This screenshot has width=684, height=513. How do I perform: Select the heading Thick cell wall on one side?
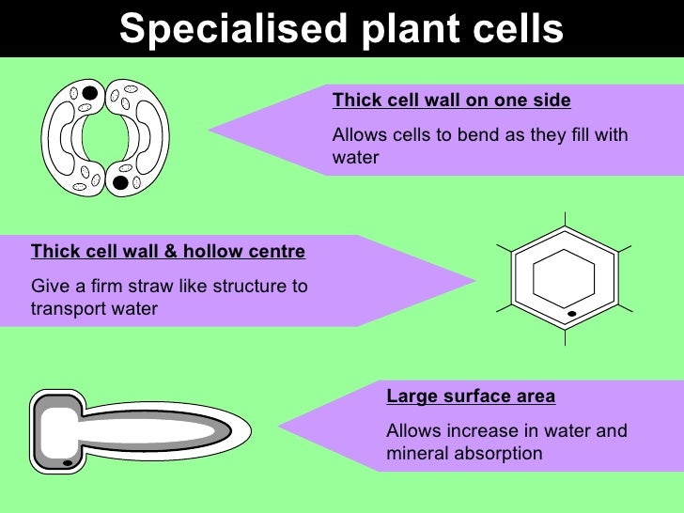(x=451, y=100)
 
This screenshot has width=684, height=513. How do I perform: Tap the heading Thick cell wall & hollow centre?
(x=168, y=251)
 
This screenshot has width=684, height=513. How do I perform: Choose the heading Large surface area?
(x=471, y=396)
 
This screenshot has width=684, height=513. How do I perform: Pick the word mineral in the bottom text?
(x=414, y=453)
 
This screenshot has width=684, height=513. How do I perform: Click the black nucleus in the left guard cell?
(x=88, y=93)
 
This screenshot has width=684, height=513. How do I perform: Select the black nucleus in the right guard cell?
(x=121, y=181)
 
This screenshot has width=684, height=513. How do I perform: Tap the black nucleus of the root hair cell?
(x=68, y=462)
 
